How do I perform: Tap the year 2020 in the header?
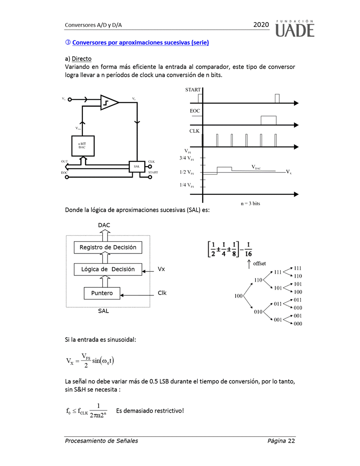coord(261,25)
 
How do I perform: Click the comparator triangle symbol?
coord(109,102)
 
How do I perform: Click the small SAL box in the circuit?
coord(137,166)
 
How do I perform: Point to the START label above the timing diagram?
coord(193,89)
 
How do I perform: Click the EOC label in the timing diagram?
coord(195,111)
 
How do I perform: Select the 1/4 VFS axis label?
coord(187,185)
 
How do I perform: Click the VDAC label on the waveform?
coord(256,167)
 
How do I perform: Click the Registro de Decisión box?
coord(108,247)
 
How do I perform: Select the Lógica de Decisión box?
coord(108,269)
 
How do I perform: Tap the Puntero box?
coord(102,293)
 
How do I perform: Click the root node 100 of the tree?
coord(239,296)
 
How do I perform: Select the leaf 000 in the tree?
coord(298,324)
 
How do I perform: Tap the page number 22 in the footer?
coord(291,441)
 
